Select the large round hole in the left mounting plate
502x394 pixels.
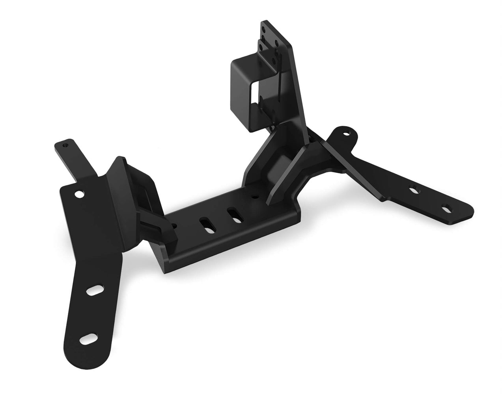coord(79,194)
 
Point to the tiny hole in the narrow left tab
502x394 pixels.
coord(65,145)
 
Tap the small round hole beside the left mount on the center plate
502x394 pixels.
coord(174,227)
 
